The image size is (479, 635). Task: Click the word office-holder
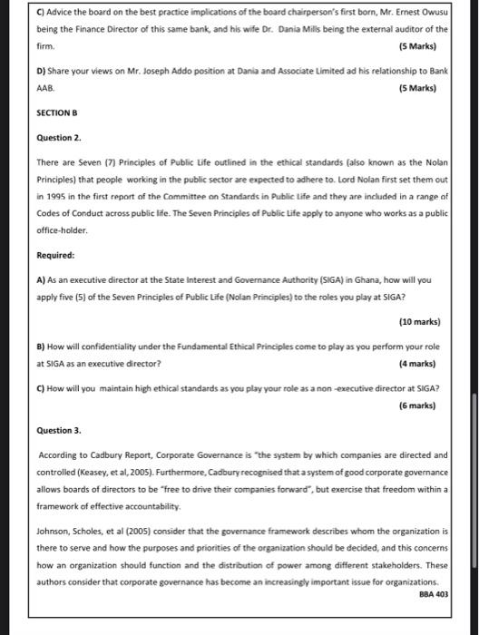(63, 231)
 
